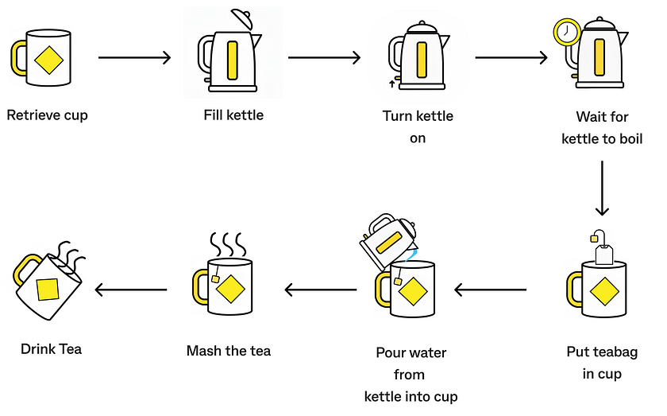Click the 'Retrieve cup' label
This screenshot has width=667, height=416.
click(x=47, y=115)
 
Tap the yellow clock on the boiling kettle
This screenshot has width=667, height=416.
click(x=566, y=33)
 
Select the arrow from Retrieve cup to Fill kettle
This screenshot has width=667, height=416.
click(x=134, y=57)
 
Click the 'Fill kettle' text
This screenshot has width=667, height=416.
click(x=233, y=115)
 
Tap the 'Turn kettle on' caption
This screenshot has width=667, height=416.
click(x=418, y=126)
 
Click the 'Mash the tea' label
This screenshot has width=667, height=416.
click(x=229, y=351)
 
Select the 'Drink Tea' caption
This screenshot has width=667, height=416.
click(x=51, y=348)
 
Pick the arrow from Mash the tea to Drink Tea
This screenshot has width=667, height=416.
click(x=131, y=290)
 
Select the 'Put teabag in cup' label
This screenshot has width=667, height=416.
click(x=602, y=363)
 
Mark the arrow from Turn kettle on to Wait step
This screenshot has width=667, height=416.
click(x=511, y=57)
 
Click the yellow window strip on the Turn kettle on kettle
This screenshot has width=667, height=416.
click(x=420, y=60)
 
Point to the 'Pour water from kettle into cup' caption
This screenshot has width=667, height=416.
click(x=411, y=375)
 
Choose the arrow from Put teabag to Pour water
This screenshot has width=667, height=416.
click(x=490, y=290)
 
